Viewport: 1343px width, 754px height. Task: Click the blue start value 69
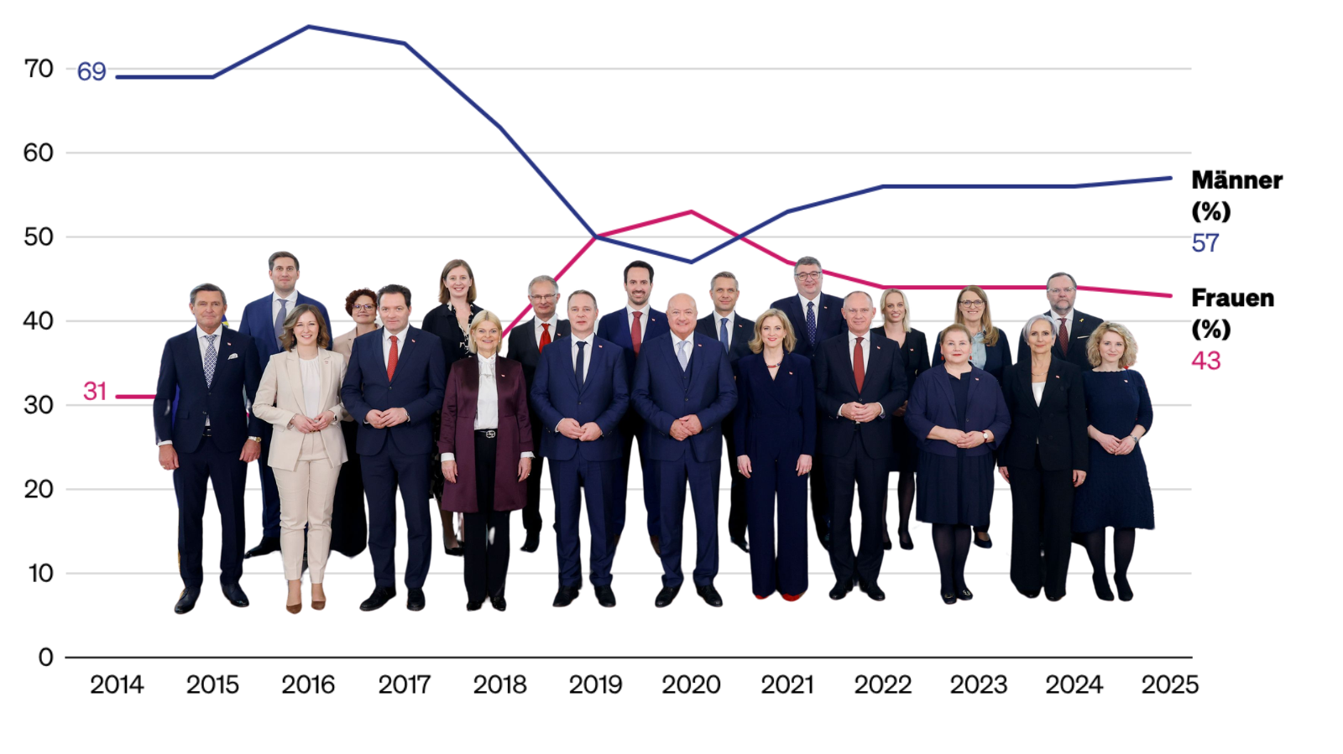click(91, 72)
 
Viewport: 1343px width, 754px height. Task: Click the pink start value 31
click(95, 391)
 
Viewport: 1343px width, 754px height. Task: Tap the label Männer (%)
click(1236, 195)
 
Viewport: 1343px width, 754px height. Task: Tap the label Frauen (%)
click(1231, 312)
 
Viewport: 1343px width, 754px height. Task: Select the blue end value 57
click(1205, 243)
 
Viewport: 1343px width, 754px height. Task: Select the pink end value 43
click(1205, 361)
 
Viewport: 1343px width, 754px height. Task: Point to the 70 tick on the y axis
click(39, 69)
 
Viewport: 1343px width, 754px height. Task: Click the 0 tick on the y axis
click(46, 658)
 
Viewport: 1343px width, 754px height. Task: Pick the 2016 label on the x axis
click(308, 685)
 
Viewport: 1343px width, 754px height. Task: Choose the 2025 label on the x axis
click(1169, 685)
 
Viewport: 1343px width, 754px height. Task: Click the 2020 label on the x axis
click(691, 685)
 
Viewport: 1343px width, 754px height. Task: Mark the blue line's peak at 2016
click(308, 27)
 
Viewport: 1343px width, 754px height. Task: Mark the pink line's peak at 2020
click(692, 211)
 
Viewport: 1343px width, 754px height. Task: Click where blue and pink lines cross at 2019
click(596, 237)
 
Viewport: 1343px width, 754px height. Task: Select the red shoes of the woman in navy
click(779, 596)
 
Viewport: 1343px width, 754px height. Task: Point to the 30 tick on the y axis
click(39, 405)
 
